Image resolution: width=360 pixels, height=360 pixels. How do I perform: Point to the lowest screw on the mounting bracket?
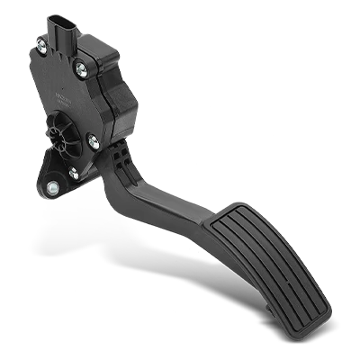(54, 187)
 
